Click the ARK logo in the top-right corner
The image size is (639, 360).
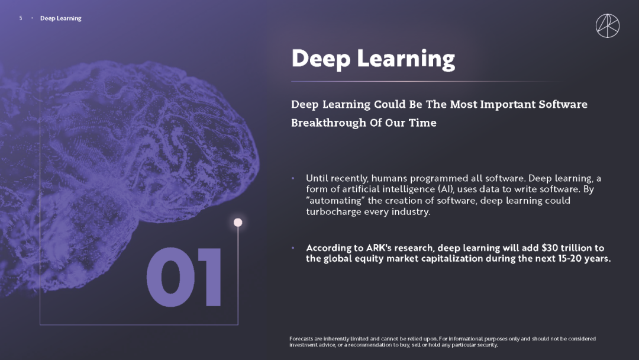pos(607,25)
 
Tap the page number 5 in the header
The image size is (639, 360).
pos(21,18)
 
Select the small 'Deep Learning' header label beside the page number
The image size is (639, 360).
pos(61,18)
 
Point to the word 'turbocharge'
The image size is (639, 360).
pos(332,212)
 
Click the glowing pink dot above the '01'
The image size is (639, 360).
pos(238,222)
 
